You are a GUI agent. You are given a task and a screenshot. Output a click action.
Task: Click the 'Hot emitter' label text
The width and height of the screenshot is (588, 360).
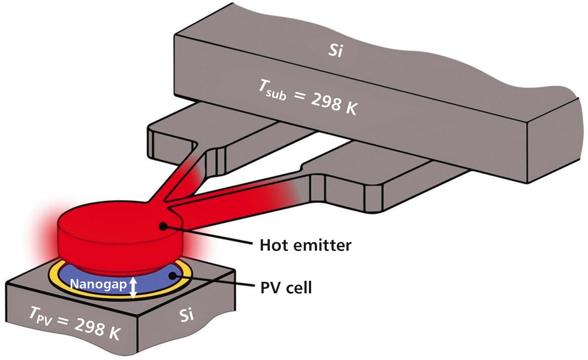[x=305, y=246]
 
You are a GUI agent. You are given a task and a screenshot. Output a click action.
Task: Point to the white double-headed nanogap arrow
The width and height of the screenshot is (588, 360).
[x=133, y=287]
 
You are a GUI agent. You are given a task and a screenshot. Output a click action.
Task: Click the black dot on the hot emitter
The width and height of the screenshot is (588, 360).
[x=163, y=227]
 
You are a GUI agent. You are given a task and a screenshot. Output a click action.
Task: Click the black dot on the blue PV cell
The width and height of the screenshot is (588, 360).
[x=175, y=276]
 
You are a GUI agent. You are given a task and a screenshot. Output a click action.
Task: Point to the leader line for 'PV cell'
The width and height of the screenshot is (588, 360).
[x=213, y=282]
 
